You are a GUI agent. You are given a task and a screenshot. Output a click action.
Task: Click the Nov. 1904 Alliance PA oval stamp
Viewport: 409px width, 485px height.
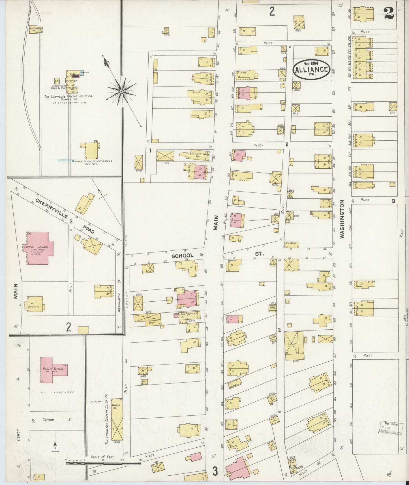pyautogui.click(x=311, y=68)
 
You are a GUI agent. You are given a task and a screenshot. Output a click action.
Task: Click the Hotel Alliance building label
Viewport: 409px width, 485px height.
pyautogui.click(x=200, y=154)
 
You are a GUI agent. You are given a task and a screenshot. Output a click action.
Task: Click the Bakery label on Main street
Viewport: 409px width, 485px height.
pyautogui.click(x=195, y=314)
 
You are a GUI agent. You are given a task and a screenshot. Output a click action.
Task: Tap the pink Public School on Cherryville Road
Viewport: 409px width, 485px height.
pyautogui.click(x=38, y=248)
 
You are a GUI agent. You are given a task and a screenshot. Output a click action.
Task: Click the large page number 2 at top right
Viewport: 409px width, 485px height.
pyautogui.click(x=389, y=13)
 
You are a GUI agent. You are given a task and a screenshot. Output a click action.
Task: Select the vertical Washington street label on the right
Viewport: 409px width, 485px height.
pyautogui.click(x=342, y=219)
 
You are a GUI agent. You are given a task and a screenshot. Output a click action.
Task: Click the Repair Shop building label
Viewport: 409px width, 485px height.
pyautogui.click(x=273, y=308)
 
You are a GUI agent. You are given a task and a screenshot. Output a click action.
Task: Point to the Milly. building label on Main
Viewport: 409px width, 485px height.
pyautogui.click(x=243, y=72)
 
